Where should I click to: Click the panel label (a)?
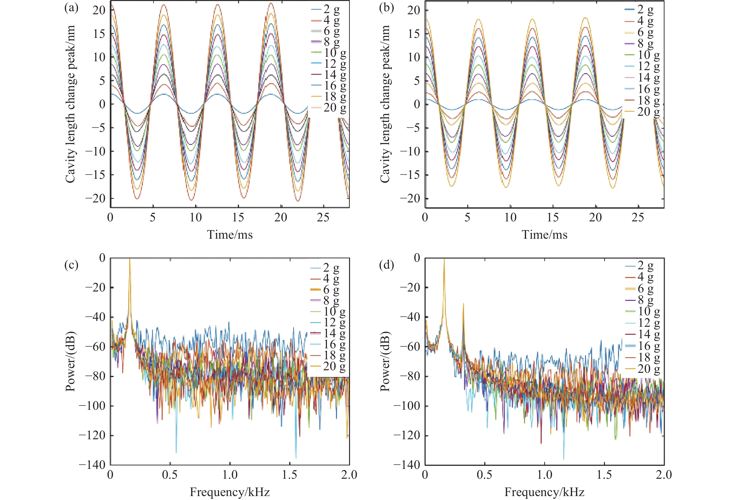71,8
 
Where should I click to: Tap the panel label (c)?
71,265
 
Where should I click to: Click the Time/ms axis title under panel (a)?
230,235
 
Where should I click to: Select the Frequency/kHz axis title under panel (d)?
544,492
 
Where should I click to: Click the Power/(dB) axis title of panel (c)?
70,361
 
